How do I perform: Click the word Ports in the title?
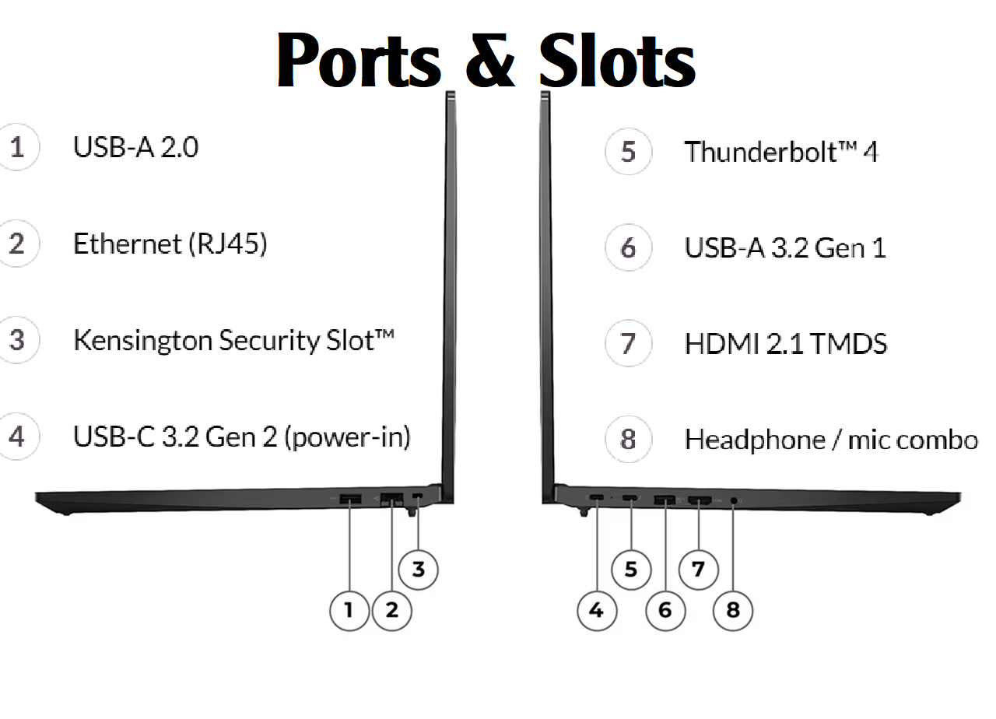point(359,60)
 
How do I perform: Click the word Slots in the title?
point(617,60)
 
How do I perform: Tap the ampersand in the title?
point(490,60)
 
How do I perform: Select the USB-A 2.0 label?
point(135,147)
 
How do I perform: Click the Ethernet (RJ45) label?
point(170,244)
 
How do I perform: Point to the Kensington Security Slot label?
point(234,341)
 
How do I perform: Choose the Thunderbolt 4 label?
point(781,152)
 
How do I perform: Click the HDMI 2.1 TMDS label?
point(786,344)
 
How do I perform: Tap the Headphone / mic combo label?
point(831,440)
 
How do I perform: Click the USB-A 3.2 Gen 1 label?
point(785,247)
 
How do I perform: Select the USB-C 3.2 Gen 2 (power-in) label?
point(242,437)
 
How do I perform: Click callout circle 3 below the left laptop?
point(419,570)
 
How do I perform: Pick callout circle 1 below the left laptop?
point(349,611)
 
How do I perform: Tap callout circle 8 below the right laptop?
point(733,611)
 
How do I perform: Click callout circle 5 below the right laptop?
point(631,570)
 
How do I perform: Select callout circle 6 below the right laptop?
point(665,611)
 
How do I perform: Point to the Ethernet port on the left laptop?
point(391,500)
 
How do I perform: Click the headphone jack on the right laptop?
point(734,500)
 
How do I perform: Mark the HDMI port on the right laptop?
point(700,500)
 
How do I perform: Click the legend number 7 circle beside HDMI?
point(628,343)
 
